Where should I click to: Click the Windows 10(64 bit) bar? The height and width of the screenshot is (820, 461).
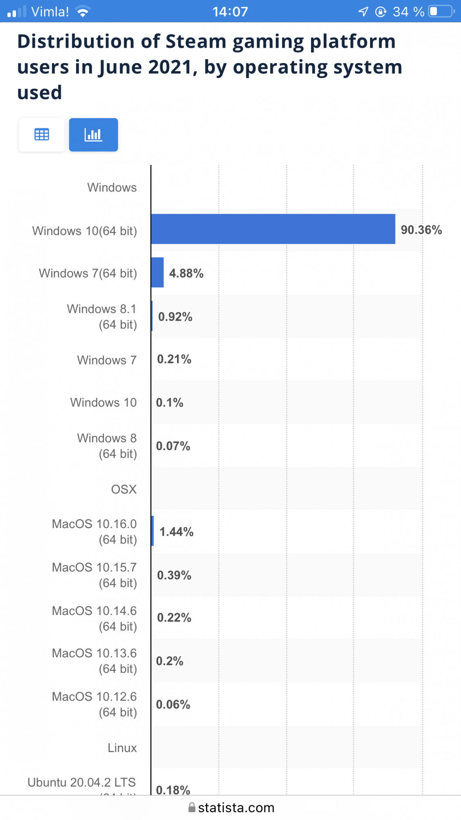[273, 229]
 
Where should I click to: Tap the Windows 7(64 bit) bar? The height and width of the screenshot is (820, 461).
[157, 273]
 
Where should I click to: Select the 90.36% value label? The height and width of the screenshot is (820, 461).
[421, 230]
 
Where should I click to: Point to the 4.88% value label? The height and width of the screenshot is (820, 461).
[186, 273]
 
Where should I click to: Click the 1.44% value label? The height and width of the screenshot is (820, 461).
[176, 532]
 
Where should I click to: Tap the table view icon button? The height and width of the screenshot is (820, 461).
[41, 134]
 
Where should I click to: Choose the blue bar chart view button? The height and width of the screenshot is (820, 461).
[93, 134]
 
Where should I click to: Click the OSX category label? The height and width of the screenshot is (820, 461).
[124, 489]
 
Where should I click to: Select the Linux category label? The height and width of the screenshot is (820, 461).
[122, 748]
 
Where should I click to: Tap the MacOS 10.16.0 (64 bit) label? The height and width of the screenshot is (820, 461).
[95, 532]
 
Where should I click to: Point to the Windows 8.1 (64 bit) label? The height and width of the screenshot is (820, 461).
[102, 317]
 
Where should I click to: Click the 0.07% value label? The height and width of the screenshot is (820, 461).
[173, 446]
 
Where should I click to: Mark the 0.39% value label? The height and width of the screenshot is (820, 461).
[174, 575]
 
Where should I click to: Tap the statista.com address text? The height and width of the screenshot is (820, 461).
[236, 808]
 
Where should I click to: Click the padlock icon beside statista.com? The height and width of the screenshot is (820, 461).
[191, 807]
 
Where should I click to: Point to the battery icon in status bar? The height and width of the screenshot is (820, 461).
[441, 11]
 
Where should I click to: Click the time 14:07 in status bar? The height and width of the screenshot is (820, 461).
[230, 11]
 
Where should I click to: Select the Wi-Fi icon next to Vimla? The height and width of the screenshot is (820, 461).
[83, 11]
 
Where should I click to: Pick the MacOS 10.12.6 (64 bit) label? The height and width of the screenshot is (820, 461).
[95, 704]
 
